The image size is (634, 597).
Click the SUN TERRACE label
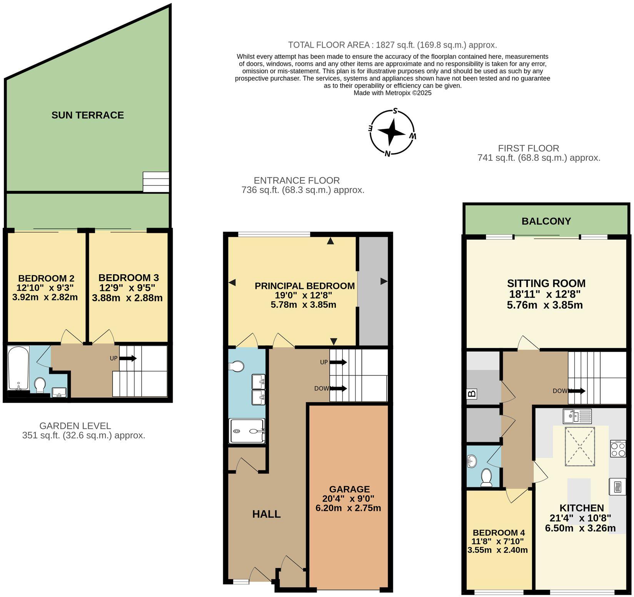click(88, 115)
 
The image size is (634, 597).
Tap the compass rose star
click(392, 132)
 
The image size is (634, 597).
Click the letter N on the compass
click(388, 154)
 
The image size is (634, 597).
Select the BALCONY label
click(546, 221)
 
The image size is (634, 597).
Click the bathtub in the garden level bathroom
click(18, 367)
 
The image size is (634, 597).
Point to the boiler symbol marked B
click(472, 394)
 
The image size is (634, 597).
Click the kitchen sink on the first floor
click(577, 416)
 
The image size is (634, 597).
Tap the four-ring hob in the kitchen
click(618, 449)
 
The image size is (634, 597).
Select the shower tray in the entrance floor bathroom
click(247, 431)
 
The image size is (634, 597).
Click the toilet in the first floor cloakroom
click(486, 477)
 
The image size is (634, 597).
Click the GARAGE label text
click(349, 489)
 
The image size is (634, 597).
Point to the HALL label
click(266, 514)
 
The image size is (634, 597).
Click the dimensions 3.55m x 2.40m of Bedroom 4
click(497, 550)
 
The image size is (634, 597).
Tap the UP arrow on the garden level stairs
click(128, 358)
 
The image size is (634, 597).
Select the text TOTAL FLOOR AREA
click(329, 45)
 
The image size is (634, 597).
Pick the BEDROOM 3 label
click(128, 278)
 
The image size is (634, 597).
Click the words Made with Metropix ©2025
click(392, 93)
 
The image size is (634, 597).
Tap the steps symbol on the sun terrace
click(156, 182)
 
